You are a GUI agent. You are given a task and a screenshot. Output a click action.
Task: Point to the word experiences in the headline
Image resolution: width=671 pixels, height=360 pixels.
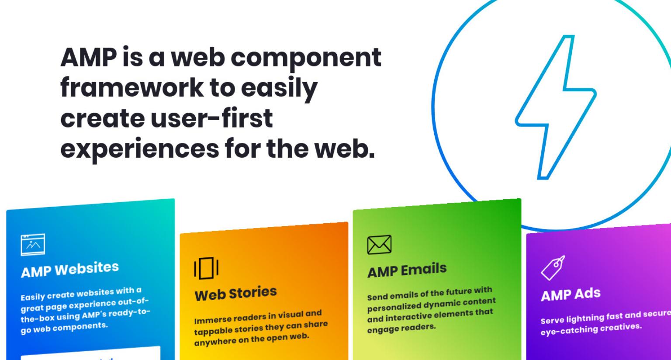pyautogui.click(x=140, y=149)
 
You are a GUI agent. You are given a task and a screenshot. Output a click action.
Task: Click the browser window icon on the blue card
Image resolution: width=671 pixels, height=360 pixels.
pyautogui.click(x=33, y=245)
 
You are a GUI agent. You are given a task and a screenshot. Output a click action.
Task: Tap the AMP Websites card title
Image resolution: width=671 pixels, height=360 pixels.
pyautogui.click(x=70, y=270)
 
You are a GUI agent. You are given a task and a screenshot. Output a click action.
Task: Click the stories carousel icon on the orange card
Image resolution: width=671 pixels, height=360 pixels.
pyautogui.click(x=206, y=268)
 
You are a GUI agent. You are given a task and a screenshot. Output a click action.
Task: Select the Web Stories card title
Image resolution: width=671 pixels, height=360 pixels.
pyautogui.click(x=236, y=294)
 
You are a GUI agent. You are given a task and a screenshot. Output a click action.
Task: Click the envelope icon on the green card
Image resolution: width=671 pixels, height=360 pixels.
pyautogui.click(x=379, y=245)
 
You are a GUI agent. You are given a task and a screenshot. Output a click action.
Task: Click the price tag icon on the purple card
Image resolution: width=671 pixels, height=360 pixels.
pyautogui.click(x=553, y=268)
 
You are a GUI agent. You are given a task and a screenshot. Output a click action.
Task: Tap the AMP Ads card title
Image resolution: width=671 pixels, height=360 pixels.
pyautogui.click(x=571, y=294)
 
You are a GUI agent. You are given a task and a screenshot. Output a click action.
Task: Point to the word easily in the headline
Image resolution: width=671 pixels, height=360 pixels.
pyautogui.click(x=279, y=88)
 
